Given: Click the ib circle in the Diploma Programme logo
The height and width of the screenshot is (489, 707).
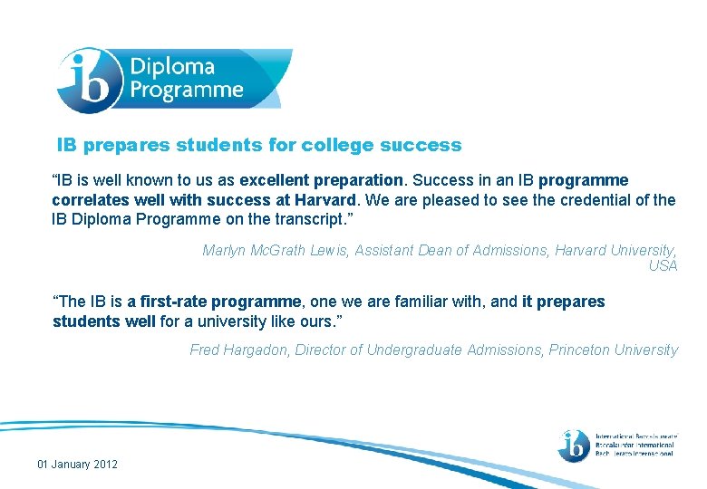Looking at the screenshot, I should coord(90,79).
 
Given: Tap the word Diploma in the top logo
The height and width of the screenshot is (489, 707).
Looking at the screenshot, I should coord(172,67).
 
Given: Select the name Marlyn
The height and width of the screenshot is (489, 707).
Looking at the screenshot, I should coord(226,250).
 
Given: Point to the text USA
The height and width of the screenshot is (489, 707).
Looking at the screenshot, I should coord(663,265).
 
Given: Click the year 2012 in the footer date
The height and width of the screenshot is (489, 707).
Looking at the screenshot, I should coord(103,465).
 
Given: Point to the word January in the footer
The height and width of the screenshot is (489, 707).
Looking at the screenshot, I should coord(70,465).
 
